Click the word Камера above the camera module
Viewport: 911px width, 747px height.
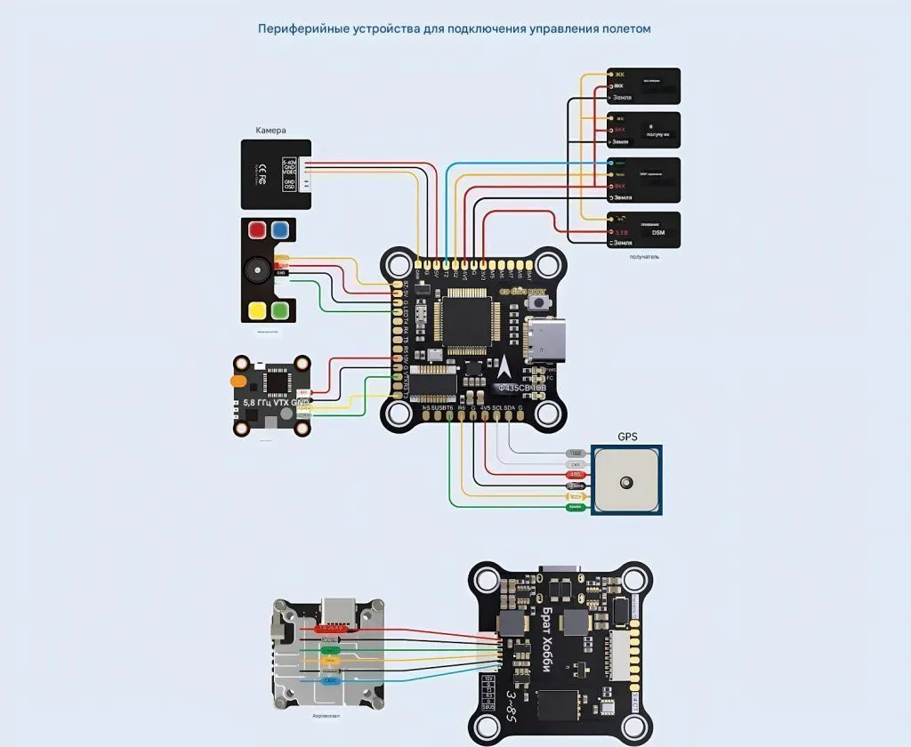tap(271, 130)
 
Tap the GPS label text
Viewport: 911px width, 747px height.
tap(627, 437)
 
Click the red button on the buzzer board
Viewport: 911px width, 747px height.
tap(258, 229)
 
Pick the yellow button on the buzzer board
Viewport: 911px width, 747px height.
tap(258, 310)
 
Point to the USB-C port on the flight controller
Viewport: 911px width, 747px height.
tap(545, 341)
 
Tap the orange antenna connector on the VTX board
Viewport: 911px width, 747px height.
tap(239, 382)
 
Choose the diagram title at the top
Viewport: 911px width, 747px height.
tap(455, 28)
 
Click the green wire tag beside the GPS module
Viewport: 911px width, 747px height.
tap(575, 506)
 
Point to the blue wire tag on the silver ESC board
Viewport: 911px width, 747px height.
tap(330, 680)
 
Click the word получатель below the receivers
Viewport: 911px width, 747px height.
tap(644, 256)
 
